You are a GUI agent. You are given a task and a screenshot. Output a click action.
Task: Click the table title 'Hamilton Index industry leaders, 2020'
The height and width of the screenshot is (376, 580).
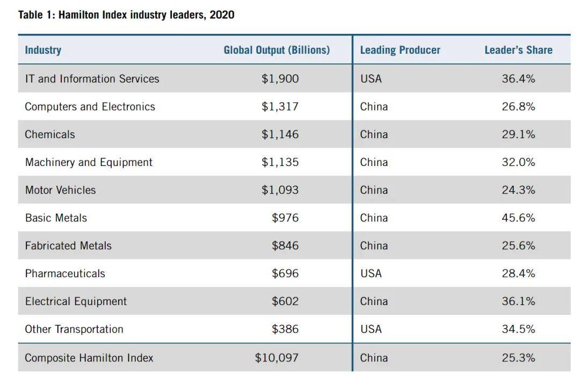[126, 15]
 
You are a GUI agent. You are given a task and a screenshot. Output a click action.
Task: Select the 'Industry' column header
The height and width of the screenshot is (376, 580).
[43, 50]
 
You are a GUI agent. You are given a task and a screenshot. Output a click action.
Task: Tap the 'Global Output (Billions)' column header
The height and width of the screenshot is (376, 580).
[277, 50]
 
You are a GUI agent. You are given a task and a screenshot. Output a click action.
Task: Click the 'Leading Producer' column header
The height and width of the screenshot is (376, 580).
[400, 50]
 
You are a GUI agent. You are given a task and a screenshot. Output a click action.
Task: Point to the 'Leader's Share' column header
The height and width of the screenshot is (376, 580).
[518, 50]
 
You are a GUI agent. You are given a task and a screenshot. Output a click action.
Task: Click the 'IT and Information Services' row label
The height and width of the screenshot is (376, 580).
[92, 78]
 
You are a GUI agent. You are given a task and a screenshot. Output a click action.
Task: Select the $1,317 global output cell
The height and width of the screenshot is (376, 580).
[280, 106]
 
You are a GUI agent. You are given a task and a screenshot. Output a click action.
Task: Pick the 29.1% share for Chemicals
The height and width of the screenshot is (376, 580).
[518, 134]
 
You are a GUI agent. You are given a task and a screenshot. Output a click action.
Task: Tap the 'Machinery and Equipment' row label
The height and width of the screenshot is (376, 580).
[89, 162]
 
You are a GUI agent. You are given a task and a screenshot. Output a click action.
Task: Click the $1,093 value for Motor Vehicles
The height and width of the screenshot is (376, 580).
[280, 190]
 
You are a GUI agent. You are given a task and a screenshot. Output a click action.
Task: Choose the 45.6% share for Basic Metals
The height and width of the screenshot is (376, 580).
[518, 218]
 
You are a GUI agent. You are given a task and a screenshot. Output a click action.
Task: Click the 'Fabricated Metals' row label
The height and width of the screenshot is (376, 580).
[68, 245]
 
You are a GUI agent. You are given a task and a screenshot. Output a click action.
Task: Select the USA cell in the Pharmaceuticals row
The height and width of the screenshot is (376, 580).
[371, 273]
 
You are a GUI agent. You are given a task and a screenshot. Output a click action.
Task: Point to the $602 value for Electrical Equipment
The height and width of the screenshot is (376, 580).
[285, 301]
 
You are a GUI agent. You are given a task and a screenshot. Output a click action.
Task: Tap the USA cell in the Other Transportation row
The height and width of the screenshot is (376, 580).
[371, 329]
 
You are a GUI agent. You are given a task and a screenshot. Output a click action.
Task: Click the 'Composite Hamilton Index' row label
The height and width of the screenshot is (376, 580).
[89, 358]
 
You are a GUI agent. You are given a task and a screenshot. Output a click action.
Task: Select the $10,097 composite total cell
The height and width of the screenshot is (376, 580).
[277, 358]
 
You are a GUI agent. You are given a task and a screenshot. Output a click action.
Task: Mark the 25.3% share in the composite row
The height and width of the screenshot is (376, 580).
[518, 358]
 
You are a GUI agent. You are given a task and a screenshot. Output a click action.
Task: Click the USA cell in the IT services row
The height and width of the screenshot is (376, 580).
[371, 78]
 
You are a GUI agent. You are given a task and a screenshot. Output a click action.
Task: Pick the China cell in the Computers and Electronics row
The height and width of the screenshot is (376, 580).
[374, 106]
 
